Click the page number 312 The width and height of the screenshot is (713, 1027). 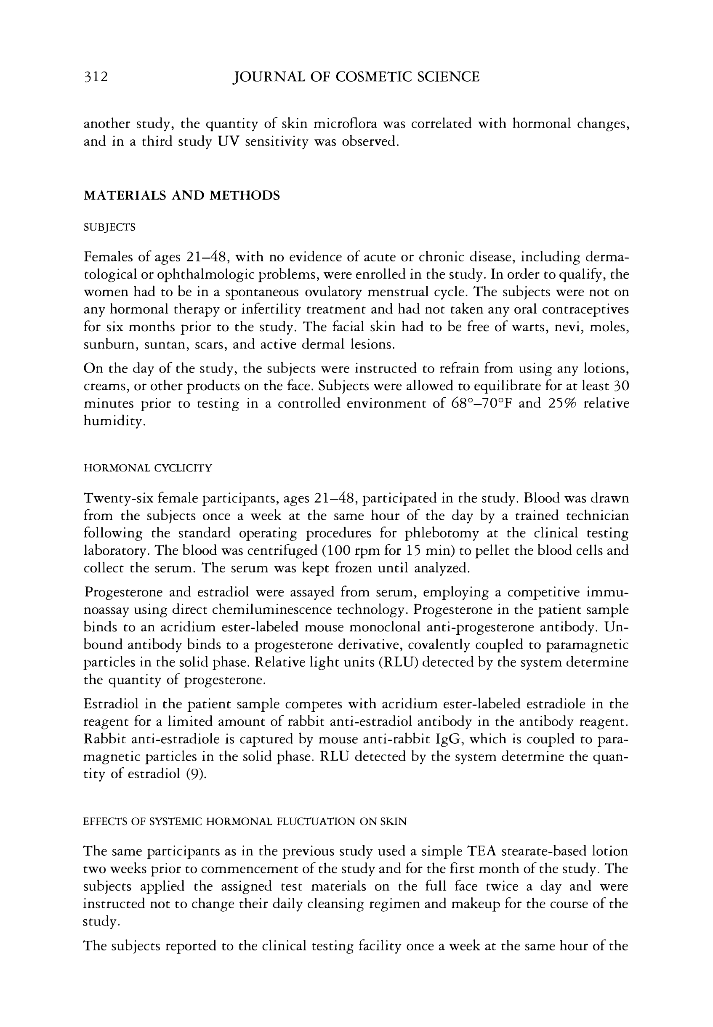(x=96, y=77)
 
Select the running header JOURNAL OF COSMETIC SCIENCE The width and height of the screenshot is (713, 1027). (x=356, y=77)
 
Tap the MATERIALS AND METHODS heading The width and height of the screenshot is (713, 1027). (x=182, y=196)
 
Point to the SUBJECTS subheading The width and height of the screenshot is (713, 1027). (x=109, y=227)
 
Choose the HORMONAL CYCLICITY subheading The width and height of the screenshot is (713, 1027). (x=148, y=468)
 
